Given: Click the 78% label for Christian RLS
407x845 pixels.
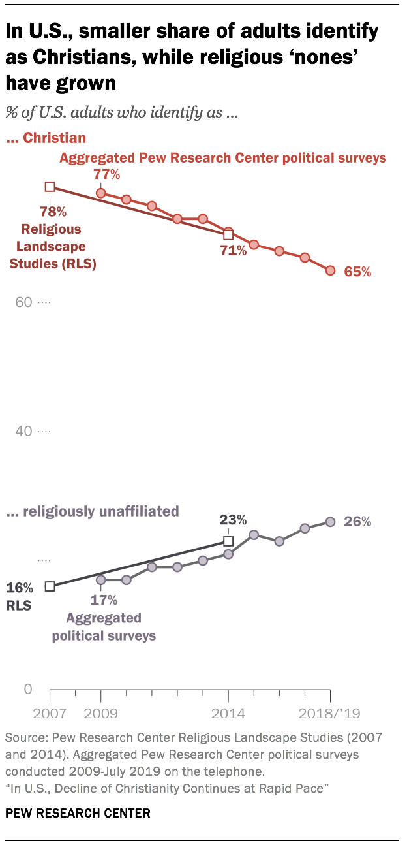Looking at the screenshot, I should pos(53,212).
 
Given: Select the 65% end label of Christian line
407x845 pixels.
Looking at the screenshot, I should pos(357,272).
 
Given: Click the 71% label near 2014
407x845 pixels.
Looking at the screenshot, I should pos(233,250).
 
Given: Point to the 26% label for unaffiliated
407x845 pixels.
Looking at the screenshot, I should pos(357,522).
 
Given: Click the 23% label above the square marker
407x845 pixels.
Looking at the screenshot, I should pos(233,520).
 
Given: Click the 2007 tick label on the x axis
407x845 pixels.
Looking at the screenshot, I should pos(50,713).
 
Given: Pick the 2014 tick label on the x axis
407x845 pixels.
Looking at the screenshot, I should pos(228,713).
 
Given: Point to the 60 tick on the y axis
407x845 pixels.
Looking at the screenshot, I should pos(23,302).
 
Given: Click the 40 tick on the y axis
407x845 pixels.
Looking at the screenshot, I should pos(23,432).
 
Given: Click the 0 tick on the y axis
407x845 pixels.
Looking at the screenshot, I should pos(27,690).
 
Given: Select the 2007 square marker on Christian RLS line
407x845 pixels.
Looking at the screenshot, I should pos(50,187).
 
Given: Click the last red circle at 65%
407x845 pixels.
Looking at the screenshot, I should pos(330,270).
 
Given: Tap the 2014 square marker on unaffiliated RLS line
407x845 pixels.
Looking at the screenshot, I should pos(228,541).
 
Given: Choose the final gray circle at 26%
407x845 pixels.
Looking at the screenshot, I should pos(330,521).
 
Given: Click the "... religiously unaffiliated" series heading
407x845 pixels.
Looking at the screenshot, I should pos(92,511).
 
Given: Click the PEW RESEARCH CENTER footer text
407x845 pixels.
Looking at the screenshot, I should pos(78,813).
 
